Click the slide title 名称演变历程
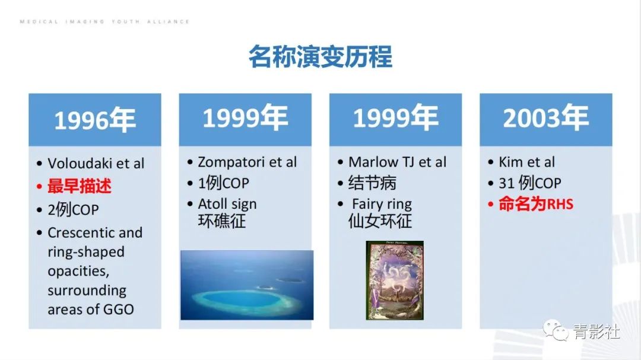[x=320, y=58]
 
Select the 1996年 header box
[x=95, y=120]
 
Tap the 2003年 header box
[x=545, y=119]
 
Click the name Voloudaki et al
[x=96, y=164]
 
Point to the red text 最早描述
[x=80, y=186]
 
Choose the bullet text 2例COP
[x=73, y=209]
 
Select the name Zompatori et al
[x=247, y=162]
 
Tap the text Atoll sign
[x=227, y=204]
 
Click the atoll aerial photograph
[x=247, y=285]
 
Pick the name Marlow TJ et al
[x=397, y=162]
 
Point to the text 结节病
[x=372, y=183]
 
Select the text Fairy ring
[x=382, y=204]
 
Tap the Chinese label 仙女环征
[x=380, y=221]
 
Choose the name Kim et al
[x=526, y=162]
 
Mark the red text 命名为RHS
[x=535, y=204]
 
